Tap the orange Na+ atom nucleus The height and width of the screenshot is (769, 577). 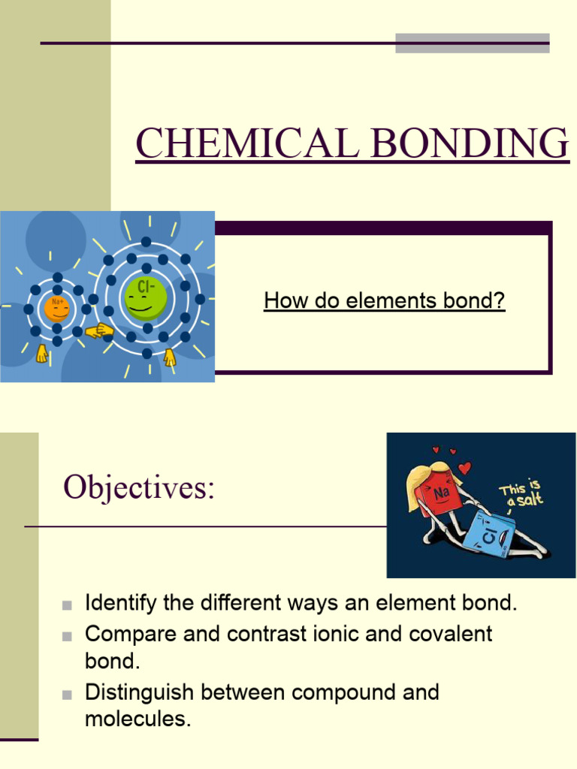57,308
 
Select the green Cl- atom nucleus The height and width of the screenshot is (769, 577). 146,296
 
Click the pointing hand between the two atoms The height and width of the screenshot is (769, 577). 99,330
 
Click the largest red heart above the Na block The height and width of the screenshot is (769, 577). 464,469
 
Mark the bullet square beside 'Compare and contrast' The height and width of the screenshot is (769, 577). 68,635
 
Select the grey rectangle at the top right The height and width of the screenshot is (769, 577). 472,43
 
